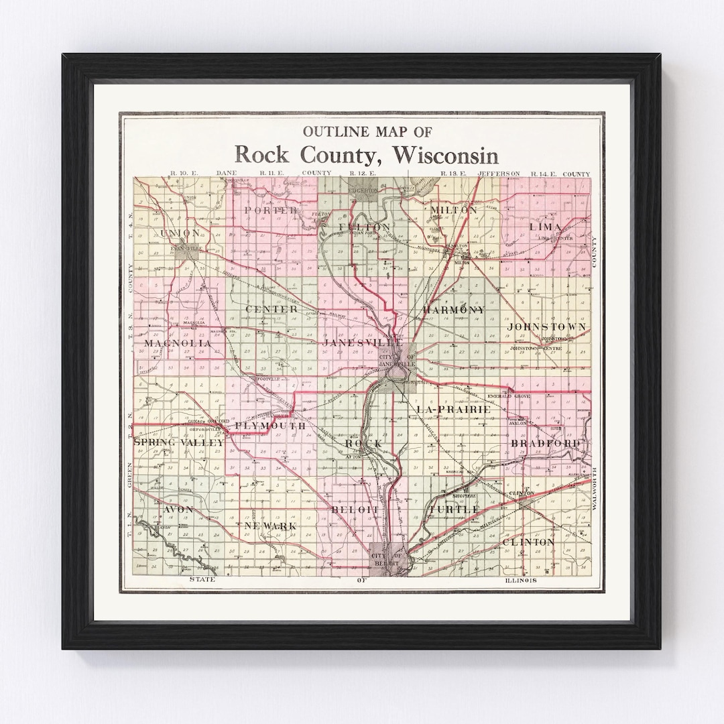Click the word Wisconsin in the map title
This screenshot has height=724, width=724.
click(446, 155)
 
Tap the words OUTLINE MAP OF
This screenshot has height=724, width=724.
click(367, 131)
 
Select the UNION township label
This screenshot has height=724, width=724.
click(180, 233)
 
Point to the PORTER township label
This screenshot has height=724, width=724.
click(271, 210)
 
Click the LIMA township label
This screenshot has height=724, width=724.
click(545, 227)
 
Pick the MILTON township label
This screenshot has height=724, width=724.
click(453, 210)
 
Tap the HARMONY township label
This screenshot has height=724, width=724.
click(453, 310)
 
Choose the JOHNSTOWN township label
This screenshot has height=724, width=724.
click(546, 326)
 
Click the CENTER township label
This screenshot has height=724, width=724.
click(271, 309)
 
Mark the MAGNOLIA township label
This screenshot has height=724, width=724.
click(177, 343)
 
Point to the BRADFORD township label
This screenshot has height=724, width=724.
click(545, 444)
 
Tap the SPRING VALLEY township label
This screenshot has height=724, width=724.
click(179, 442)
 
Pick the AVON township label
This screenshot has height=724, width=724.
click(178, 509)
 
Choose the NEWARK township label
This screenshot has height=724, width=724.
click(271, 526)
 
